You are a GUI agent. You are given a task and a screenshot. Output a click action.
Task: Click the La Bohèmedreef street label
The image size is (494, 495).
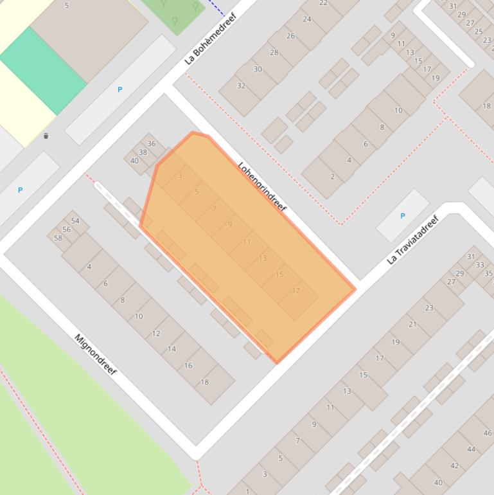pyautogui.click(x=211, y=39)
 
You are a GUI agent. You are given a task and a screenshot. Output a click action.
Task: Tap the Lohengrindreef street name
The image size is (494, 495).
pyautogui.click(x=261, y=187)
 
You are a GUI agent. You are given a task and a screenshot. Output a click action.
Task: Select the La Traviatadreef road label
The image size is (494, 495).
pyautogui.click(x=412, y=239)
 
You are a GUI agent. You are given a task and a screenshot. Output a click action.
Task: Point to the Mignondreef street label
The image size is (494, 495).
pyautogui.click(x=95, y=355)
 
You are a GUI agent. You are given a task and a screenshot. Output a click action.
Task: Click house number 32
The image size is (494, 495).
pyautogui.click(x=241, y=85)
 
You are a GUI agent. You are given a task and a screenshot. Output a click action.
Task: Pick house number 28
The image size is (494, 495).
pyautogui.click(x=274, y=53)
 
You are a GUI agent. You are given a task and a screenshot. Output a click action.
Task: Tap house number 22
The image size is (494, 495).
pyautogui.click(x=323, y=3)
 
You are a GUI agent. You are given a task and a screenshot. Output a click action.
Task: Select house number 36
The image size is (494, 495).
pyautogui.click(x=152, y=144)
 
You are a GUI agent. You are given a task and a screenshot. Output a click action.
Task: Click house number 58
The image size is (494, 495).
pyautogui.click(x=58, y=238)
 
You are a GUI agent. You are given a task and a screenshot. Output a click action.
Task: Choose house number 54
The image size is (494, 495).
pyautogui.click(x=75, y=221)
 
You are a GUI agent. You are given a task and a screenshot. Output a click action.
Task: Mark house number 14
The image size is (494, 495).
pyautogui.click(x=172, y=349)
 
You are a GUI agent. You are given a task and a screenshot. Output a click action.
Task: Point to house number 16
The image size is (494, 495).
pyautogui.click(x=188, y=365)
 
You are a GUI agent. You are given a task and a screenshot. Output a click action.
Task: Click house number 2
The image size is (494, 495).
pyautogui.click(x=332, y=177)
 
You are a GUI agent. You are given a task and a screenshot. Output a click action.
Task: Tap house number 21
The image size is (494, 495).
pyautogui.click(x=412, y=325)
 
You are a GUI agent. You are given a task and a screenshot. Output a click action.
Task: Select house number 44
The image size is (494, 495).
pyautogui.click(x=472, y=449)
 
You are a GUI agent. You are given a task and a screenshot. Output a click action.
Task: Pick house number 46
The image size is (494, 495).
pyautogui.click(x=488, y=433)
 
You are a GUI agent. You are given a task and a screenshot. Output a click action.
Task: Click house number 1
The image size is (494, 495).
pyautogui.click(x=247, y=492)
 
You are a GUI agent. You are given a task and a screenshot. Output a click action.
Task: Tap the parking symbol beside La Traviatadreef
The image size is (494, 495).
pyautogui.click(x=403, y=216)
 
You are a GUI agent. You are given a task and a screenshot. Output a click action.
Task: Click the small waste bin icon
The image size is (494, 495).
pyautogui.click(x=46, y=136)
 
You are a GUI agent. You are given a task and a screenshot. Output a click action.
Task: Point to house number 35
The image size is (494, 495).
pyautogui.click(x=488, y=273)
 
